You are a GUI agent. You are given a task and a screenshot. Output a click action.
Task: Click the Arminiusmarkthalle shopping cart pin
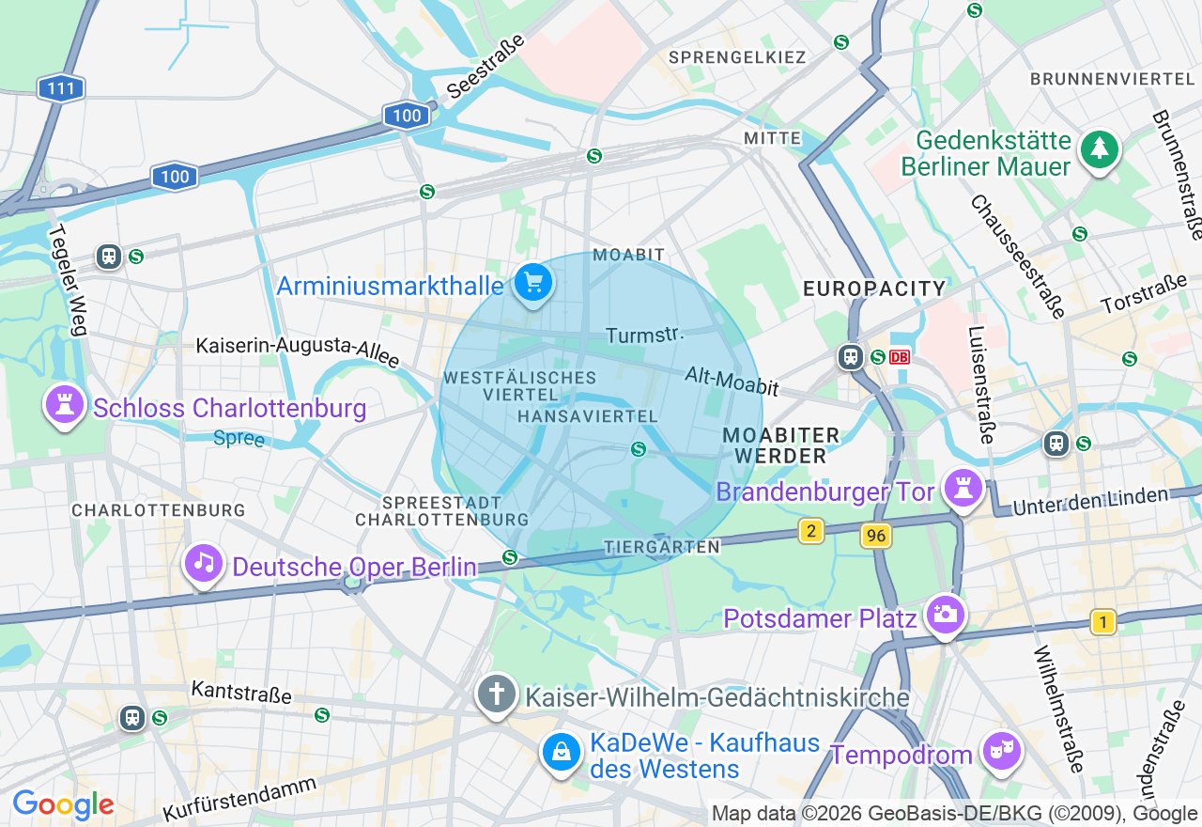click(x=533, y=282)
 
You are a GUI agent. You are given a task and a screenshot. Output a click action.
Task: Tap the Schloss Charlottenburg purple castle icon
click(x=64, y=406)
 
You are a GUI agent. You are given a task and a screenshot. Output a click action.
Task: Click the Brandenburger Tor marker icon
click(x=963, y=489)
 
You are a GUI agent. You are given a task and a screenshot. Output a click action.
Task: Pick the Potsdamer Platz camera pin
click(x=945, y=615)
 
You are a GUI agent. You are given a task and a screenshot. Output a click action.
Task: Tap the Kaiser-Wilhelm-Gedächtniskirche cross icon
click(x=496, y=694)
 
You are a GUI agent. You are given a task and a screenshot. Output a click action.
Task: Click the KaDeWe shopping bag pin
click(x=561, y=752)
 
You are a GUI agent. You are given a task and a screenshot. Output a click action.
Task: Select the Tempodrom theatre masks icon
click(x=1001, y=751)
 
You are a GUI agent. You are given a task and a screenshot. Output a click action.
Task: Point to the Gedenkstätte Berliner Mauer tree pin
click(x=1098, y=148)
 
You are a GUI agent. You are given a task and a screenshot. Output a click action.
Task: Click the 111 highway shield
click(x=61, y=89)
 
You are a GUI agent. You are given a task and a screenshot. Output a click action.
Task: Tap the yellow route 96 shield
click(x=875, y=536)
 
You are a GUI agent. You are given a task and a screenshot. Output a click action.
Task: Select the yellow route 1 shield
click(x=1103, y=621)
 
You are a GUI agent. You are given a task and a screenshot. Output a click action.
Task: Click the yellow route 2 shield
click(x=810, y=531)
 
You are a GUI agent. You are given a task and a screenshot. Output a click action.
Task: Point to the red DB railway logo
click(x=900, y=357)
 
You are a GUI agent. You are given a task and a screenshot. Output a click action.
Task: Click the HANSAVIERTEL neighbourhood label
click(x=587, y=415)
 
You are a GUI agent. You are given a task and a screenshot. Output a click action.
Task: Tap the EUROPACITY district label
click(x=874, y=289)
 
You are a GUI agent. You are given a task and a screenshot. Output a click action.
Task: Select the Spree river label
click(x=239, y=438)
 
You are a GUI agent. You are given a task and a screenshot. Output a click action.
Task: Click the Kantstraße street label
click(x=240, y=693)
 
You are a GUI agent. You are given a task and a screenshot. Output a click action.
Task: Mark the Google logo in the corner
click(x=63, y=804)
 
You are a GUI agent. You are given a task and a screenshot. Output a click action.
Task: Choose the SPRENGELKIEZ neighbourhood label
click(x=736, y=57)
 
